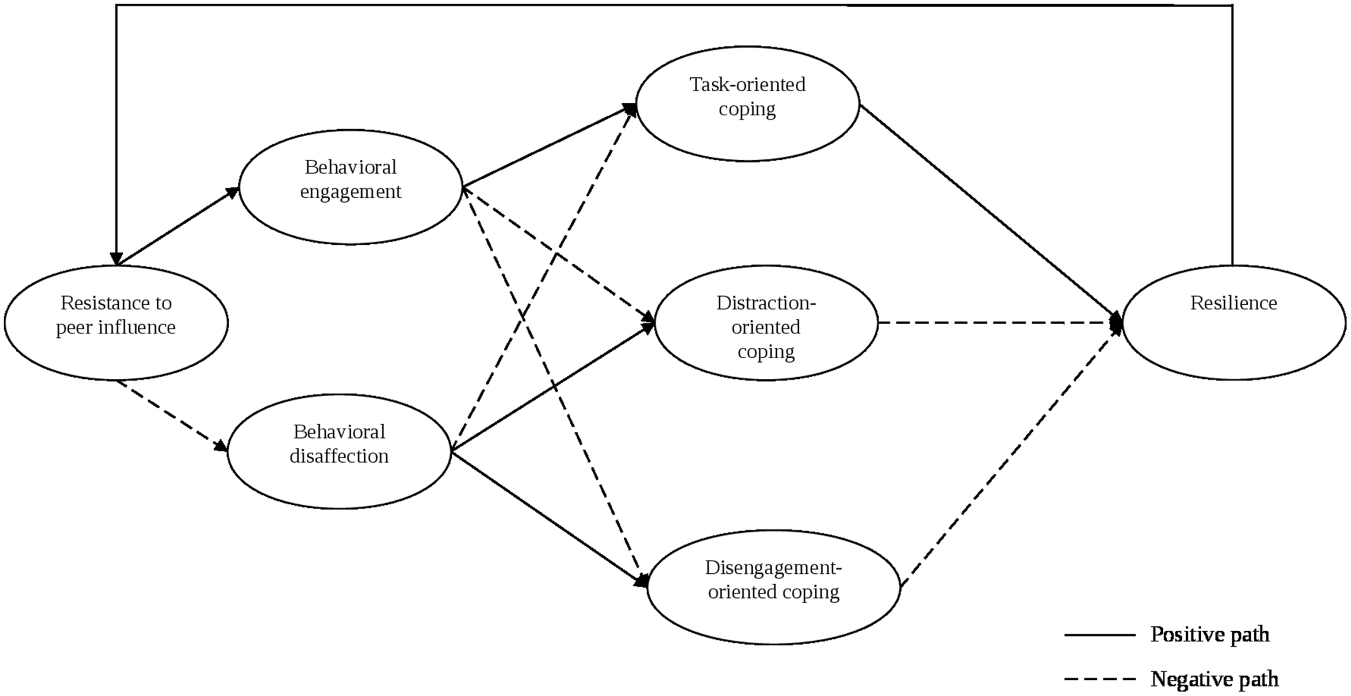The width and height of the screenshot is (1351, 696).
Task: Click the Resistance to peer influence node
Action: click(116, 323)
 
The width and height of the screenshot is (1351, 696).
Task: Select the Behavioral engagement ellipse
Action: click(350, 187)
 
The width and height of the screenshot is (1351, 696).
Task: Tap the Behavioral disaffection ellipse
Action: click(339, 451)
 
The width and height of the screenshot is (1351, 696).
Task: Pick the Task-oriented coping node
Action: click(747, 104)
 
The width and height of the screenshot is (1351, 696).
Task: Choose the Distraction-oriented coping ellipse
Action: click(766, 323)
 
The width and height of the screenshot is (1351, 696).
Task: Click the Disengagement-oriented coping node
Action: click(773, 587)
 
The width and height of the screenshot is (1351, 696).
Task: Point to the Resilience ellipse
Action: click(1234, 323)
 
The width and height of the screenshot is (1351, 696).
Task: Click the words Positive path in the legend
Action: click(1210, 634)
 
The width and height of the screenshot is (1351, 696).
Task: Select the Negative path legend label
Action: click(1214, 679)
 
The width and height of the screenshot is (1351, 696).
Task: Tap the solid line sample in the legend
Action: click(1100, 635)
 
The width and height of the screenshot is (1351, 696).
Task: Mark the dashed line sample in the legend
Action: click(1100, 679)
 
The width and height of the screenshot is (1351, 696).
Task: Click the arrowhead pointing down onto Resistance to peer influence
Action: click(116, 258)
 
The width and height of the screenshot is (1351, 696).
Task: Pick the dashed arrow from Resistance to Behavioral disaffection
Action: click(172, 415)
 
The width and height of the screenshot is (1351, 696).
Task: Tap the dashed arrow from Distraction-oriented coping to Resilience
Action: click(1000, 323)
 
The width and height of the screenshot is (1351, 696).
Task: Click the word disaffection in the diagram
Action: click(339, 457)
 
